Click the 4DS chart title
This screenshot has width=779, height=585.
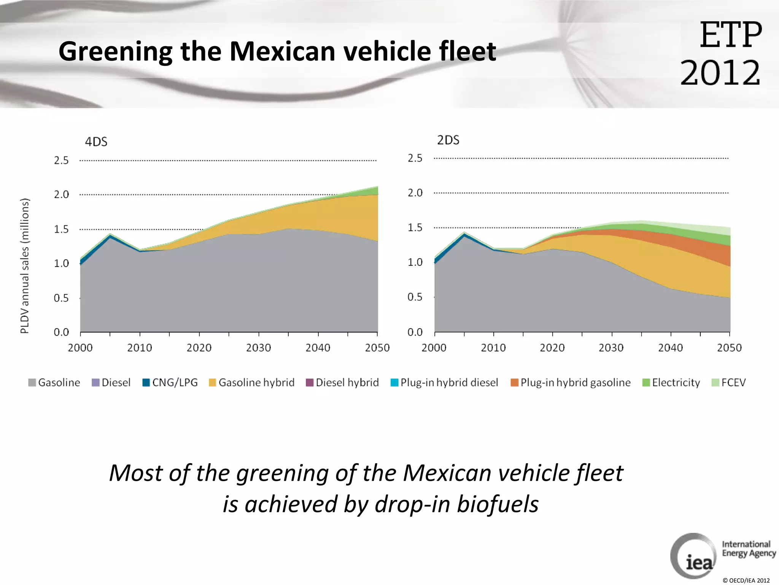click(x=96, y=142)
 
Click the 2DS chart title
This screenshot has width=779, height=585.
click(x=448, y=141)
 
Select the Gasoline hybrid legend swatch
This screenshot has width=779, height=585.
click(x=212, y=382)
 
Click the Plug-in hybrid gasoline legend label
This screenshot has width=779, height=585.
click(x=575, y=382)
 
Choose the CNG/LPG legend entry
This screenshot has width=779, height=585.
click(x=170, y=382)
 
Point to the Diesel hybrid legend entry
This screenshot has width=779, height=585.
click(x=342, y=382)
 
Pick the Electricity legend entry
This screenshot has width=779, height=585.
click(x=671, y=382)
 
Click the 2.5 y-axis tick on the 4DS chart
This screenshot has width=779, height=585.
click(x=61, y=160)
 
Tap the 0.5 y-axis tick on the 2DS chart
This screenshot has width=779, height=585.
click(x=415, y=297)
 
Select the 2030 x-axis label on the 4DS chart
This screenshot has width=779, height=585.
click(x=258, y=348)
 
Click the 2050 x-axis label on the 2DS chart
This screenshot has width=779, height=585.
click(x=729, y=348)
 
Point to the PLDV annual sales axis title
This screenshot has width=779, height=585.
click(x=25, y=266)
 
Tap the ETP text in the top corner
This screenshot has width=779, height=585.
click(x=730, y=35)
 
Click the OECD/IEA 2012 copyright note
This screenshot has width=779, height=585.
click(x=746, y=580)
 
